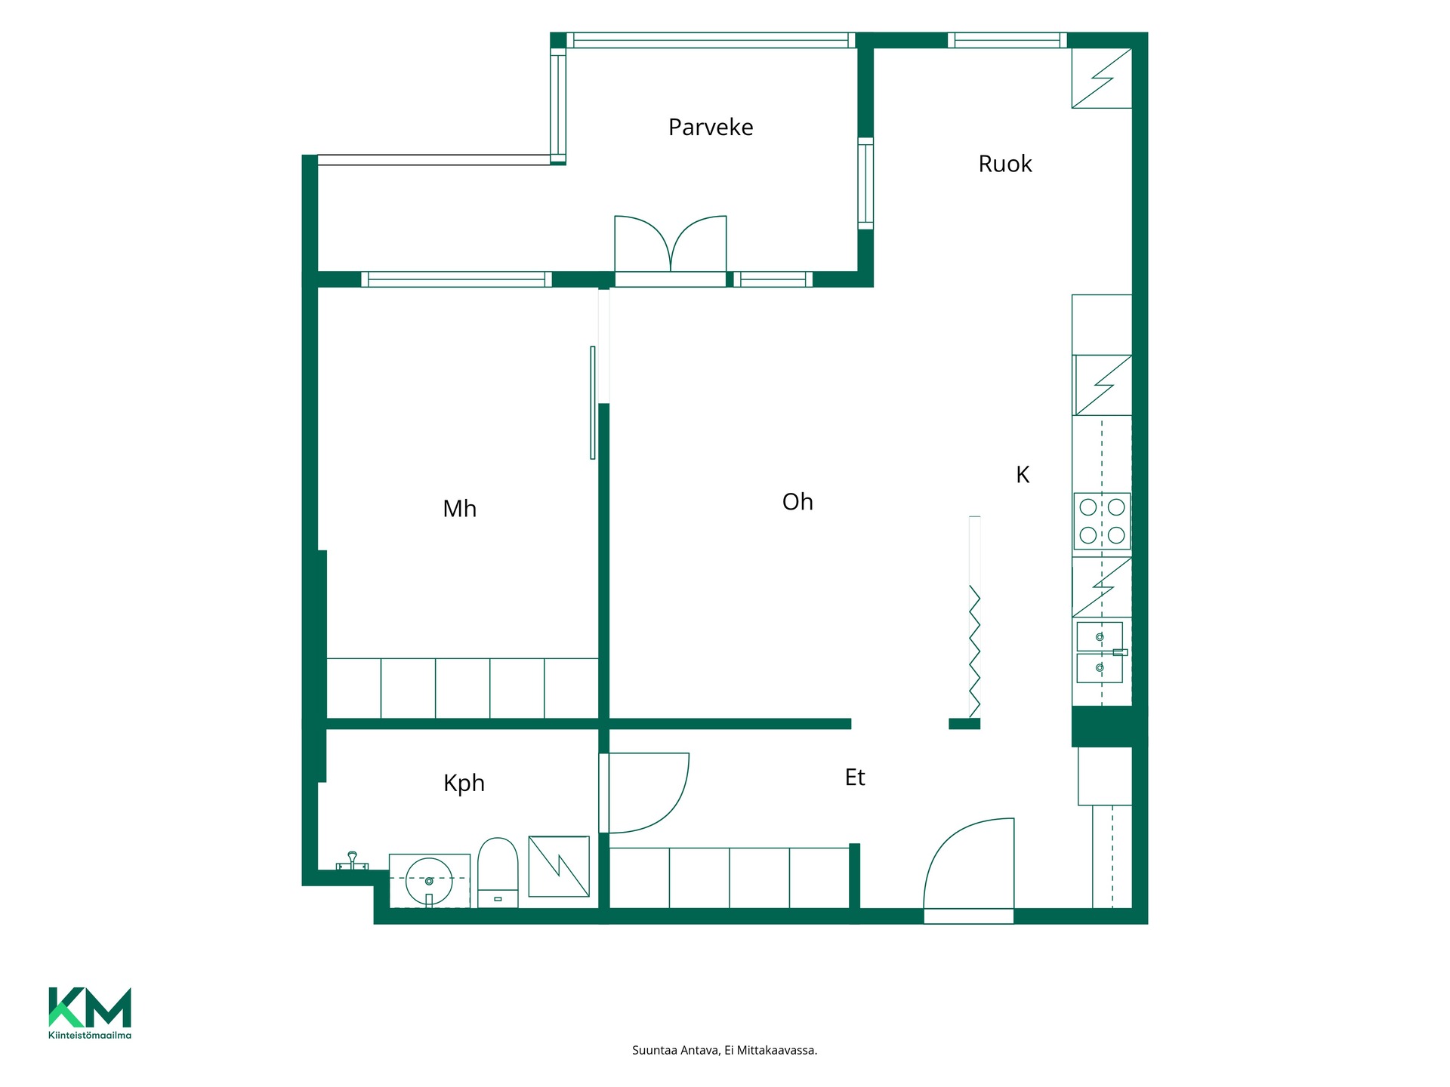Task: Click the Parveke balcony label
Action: coord(711,128)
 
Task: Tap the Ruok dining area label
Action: coord(1004,164)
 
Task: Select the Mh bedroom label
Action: coord(459,509)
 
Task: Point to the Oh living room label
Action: coord(797,502)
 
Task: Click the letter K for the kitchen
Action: coord(1023,475)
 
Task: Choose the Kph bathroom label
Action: coord(464,784)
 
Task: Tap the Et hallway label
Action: coord(855,778)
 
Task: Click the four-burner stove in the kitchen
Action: coord(1102,521)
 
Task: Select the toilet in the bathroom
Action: coord(498,873)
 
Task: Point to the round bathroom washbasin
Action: coord(429,881)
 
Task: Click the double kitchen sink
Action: coord(1100,652)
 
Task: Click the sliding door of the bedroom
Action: coord(593,402)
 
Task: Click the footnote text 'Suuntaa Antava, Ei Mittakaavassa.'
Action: coord(724,1050)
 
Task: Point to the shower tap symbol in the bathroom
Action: coord(352,861)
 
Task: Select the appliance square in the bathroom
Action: coord(559,866)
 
